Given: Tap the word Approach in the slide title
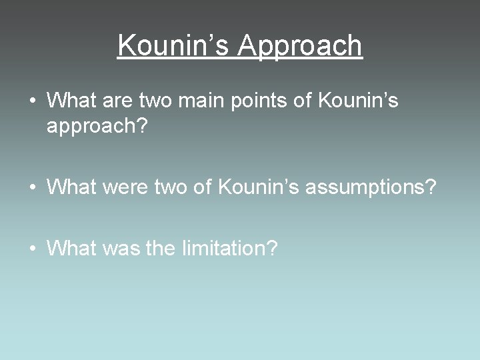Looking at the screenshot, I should (300, 45).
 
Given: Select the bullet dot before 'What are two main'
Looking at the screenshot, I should (32, 101).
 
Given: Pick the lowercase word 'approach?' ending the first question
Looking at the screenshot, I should (96, 127).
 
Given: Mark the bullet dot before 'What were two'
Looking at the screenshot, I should (32, 188).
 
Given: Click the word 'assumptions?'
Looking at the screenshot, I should (371, 188).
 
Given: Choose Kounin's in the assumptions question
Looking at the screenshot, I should (259, 187).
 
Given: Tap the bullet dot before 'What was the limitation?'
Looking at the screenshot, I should (32, 249).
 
